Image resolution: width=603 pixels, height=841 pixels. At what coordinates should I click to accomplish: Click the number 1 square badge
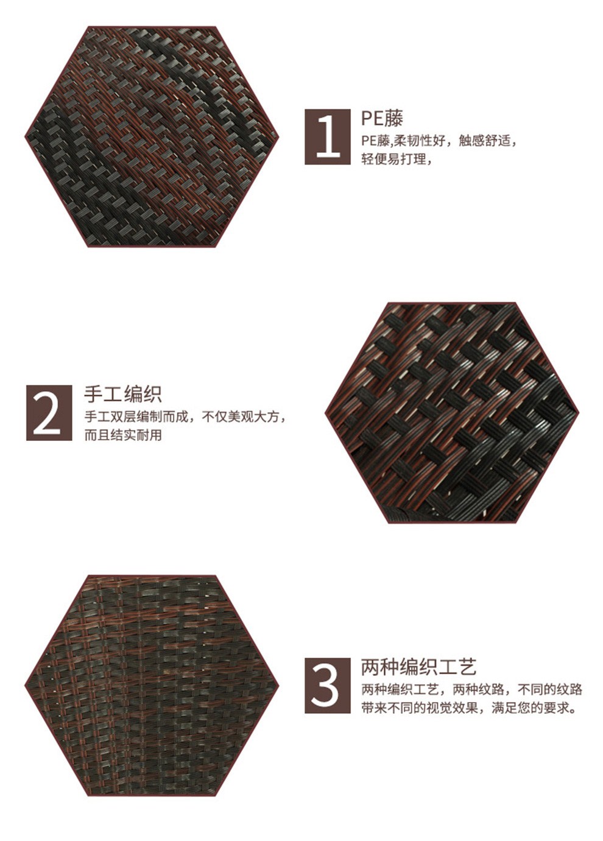tap(328, 137)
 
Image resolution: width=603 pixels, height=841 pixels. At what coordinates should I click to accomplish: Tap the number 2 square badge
tap(49, 413)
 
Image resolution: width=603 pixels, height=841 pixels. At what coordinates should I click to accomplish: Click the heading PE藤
tap(383, 118)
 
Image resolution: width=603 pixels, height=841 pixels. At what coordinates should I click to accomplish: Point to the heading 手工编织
tap(122, 394)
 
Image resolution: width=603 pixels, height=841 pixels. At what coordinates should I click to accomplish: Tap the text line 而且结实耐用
tap(123, 435)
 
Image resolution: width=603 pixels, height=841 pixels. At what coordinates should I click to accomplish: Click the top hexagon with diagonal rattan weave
tap(152, 136)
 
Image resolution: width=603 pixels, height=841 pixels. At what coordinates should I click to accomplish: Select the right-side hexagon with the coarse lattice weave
tap(452, 413)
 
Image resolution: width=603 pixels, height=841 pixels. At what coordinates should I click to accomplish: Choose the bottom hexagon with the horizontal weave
tap(152, 686)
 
